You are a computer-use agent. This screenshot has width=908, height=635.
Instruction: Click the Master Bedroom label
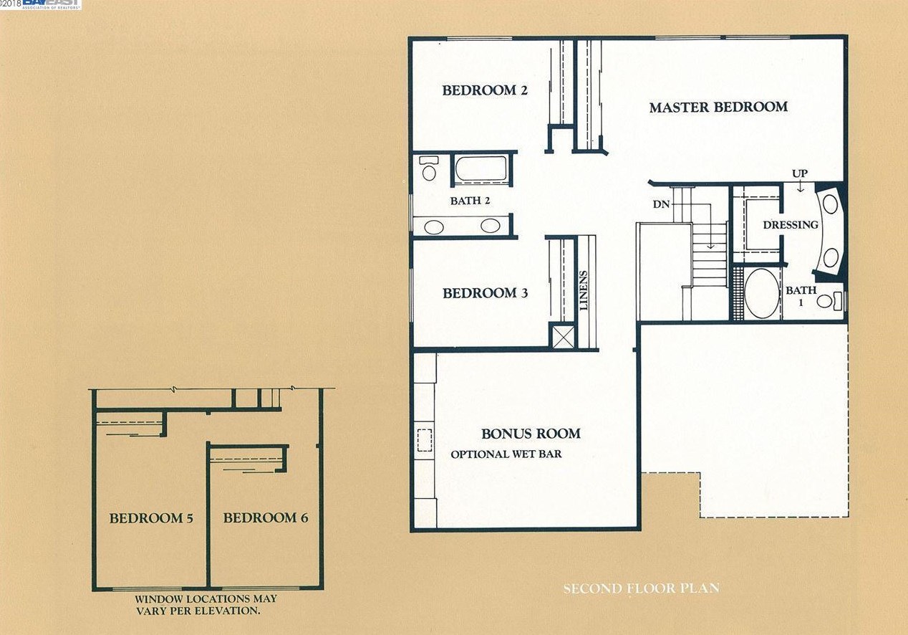coord(718,107)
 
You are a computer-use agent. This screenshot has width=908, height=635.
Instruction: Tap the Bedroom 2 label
coord(485,90)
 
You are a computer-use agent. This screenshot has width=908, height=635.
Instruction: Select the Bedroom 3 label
coord(486,293)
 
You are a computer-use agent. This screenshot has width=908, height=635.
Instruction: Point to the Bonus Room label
coord(531,434)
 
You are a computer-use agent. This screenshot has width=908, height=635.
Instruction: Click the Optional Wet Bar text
coord(506,454)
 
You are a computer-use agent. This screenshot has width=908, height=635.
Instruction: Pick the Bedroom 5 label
coord(151,518)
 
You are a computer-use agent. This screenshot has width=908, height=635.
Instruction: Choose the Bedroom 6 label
coord(266,517)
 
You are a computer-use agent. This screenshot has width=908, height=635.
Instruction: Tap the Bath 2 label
coord(470,201)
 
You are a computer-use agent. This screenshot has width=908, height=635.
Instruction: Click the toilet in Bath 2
coord(428,168)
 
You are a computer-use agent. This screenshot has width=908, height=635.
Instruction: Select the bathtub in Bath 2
coord(481,168)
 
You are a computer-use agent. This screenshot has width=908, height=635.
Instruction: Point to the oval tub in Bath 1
coord(762,293)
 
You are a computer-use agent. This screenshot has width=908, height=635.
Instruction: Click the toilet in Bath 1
coord(829,301)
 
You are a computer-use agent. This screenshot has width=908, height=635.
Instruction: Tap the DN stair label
coord(661,204)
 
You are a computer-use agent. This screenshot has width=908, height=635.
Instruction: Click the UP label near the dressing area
coord(800,173)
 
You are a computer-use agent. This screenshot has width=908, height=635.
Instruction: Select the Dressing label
coord(791,225)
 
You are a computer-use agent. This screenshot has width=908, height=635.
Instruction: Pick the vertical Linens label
coord(584,290)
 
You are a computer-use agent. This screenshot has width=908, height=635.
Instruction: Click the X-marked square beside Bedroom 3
coord(564,336)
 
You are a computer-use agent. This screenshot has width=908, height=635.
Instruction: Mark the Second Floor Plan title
coord(642,588)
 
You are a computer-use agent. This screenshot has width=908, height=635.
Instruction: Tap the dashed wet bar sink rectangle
coord(425,440)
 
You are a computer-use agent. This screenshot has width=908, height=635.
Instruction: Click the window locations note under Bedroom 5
coord(206,605)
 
